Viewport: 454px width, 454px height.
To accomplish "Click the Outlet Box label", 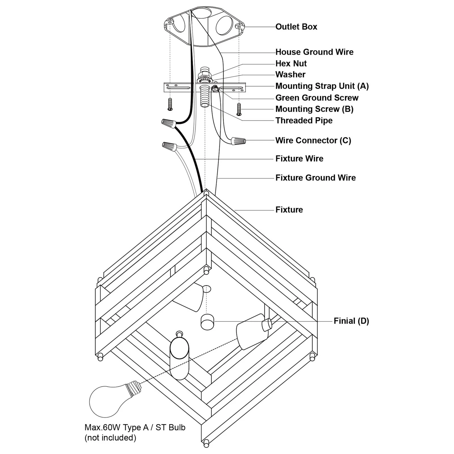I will click(x=296, y=27).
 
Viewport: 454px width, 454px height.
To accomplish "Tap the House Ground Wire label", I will click(x=314, y=52).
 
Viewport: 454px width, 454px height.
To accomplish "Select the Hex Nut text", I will click(x=291, y=63).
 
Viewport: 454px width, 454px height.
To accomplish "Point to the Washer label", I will click(x=290, y=75).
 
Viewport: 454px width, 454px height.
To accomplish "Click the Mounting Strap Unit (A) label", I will click(x=322, y=86).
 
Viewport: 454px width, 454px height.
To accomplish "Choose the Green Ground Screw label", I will click(x=317, y=98).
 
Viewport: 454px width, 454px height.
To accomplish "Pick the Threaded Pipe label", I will click(x=304, y=120).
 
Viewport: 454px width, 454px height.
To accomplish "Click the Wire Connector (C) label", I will click(x=313, y=140).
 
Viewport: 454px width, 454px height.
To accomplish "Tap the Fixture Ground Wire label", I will click(x=316, y=178).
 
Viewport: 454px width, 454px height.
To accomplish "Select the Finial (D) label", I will click(x=351, y=321).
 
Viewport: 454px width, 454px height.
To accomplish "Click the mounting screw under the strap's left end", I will click(x=170, y=104).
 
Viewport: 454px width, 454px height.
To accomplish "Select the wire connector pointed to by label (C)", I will click(x=238, y=140).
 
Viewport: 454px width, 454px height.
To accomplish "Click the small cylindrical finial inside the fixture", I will click(x=207, y=322).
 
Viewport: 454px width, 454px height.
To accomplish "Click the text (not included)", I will click(x=110, y=438).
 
